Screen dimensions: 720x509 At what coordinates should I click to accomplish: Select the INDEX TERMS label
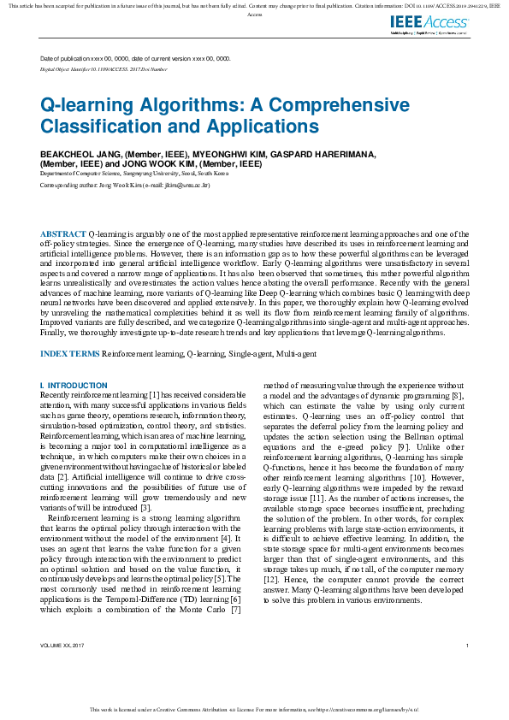pyautogui.click(x=71, y=353)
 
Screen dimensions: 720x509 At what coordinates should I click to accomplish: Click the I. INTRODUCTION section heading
pyautogui.click(x=74, y=386)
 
